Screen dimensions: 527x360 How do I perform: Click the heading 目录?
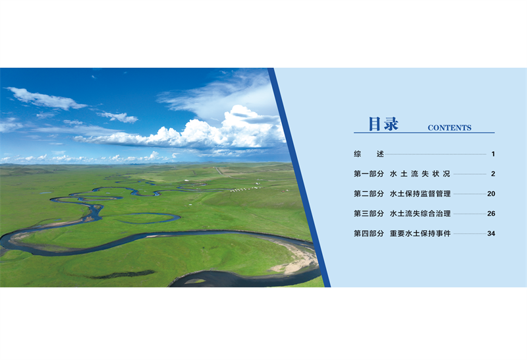383,123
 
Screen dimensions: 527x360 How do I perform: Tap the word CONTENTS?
449,128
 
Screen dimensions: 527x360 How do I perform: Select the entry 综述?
369,154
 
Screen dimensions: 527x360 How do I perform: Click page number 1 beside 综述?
493,154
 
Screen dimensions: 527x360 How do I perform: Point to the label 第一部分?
369,174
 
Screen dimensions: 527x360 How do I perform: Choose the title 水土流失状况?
420,174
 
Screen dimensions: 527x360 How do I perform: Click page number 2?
493,174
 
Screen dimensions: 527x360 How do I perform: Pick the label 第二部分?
369,194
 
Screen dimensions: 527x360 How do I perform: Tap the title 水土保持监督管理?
420,194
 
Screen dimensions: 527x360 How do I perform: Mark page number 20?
491,194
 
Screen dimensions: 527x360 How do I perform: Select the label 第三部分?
369,214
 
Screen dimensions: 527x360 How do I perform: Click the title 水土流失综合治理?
420,214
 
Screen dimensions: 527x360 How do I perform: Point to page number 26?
491,214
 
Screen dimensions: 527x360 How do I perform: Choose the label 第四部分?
369,233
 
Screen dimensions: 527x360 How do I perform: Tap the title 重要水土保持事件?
420,233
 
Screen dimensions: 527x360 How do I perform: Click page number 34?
491,233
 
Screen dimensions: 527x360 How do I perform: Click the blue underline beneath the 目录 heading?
424,133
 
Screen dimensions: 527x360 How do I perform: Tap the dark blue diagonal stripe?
299,177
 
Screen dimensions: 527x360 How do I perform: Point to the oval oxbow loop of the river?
148,219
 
